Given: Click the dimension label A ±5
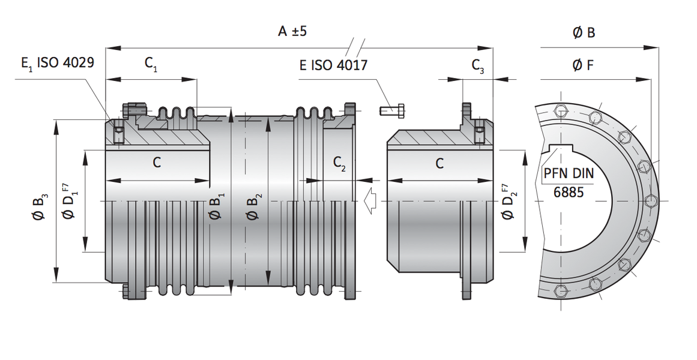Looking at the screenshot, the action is (x=292, y=32).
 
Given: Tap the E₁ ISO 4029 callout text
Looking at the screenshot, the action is (x=58, y=62).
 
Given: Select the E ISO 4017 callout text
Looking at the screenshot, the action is (x=333, y=65).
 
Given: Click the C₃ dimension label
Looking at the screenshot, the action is (x=478, y=66).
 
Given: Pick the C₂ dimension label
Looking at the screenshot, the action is (x=339, y=164).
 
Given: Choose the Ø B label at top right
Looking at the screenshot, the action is (x=584, y=32).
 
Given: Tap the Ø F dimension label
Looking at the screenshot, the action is (x=583, y=65).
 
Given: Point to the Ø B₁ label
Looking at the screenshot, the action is (x=217, y=206).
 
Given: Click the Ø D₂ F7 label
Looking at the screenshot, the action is (x=506, y=202).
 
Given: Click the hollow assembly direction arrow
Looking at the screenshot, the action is (x=370, y=202).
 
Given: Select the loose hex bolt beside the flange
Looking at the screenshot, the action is (x=391, y=109).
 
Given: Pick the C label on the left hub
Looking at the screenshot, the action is (x=157, y=163).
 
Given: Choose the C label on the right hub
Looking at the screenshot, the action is (x=439, y=164).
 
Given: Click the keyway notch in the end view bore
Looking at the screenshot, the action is (x=561, y=148).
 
